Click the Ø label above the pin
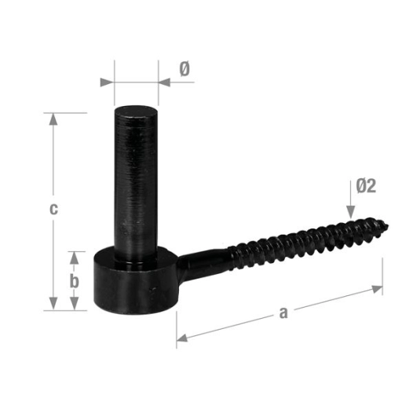184,70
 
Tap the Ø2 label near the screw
365,186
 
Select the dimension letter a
283,313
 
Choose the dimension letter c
52,209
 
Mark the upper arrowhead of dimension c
53,119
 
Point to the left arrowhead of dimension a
181,339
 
